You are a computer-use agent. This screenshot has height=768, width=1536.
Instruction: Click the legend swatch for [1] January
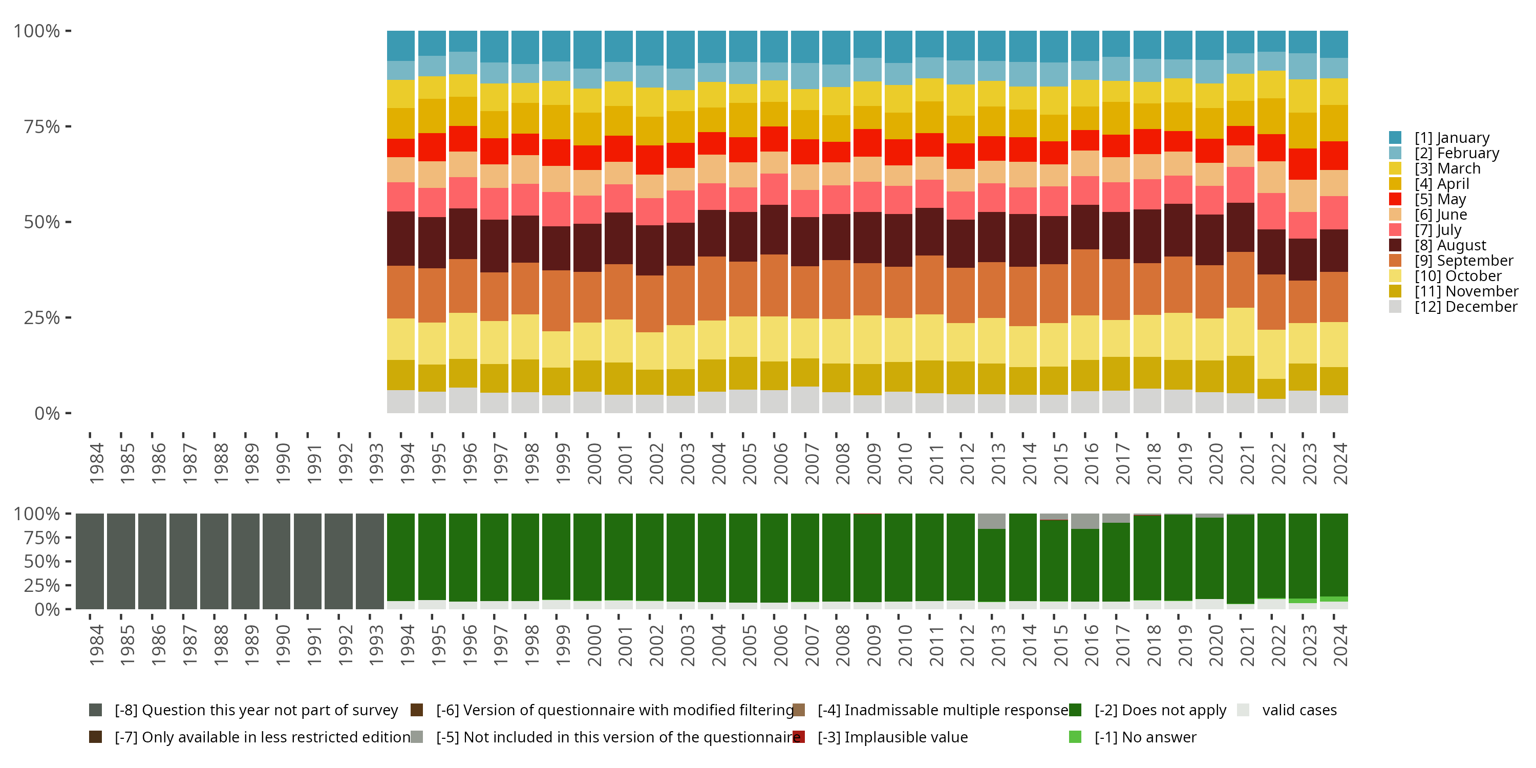click(x=1395, y=138)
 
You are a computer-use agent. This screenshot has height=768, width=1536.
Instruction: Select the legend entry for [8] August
click(x=1450, y=245)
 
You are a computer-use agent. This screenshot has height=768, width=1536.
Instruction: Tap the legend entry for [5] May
click(x=1439, y=199)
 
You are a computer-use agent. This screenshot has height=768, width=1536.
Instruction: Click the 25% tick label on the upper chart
click(x=42, y=318)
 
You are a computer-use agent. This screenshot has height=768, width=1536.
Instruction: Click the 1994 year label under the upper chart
click(x=407, y=463)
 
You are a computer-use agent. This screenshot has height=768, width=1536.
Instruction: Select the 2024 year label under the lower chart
click(x=1340, y=645)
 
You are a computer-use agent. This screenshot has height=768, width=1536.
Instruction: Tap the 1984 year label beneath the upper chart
click(x=96, y=463)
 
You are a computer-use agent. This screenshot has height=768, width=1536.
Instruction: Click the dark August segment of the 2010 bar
click(x=898, y=240)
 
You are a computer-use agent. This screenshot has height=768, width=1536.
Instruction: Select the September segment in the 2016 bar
click(x=1084, y=282)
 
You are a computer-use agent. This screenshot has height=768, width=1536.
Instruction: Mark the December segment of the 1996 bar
click(x=463, y=400)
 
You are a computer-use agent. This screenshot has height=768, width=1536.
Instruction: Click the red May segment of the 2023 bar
click(x=1302, y=164)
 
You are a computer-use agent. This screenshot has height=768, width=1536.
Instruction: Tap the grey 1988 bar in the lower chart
click(x=214, y=561)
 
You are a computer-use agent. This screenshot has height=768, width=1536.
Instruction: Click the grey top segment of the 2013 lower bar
click(x=992, y=521)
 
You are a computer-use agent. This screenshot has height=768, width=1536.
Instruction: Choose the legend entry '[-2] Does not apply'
click(x=1160, y=710)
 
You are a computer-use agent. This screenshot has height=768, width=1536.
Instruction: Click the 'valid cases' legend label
click(x=1299, y=710)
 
